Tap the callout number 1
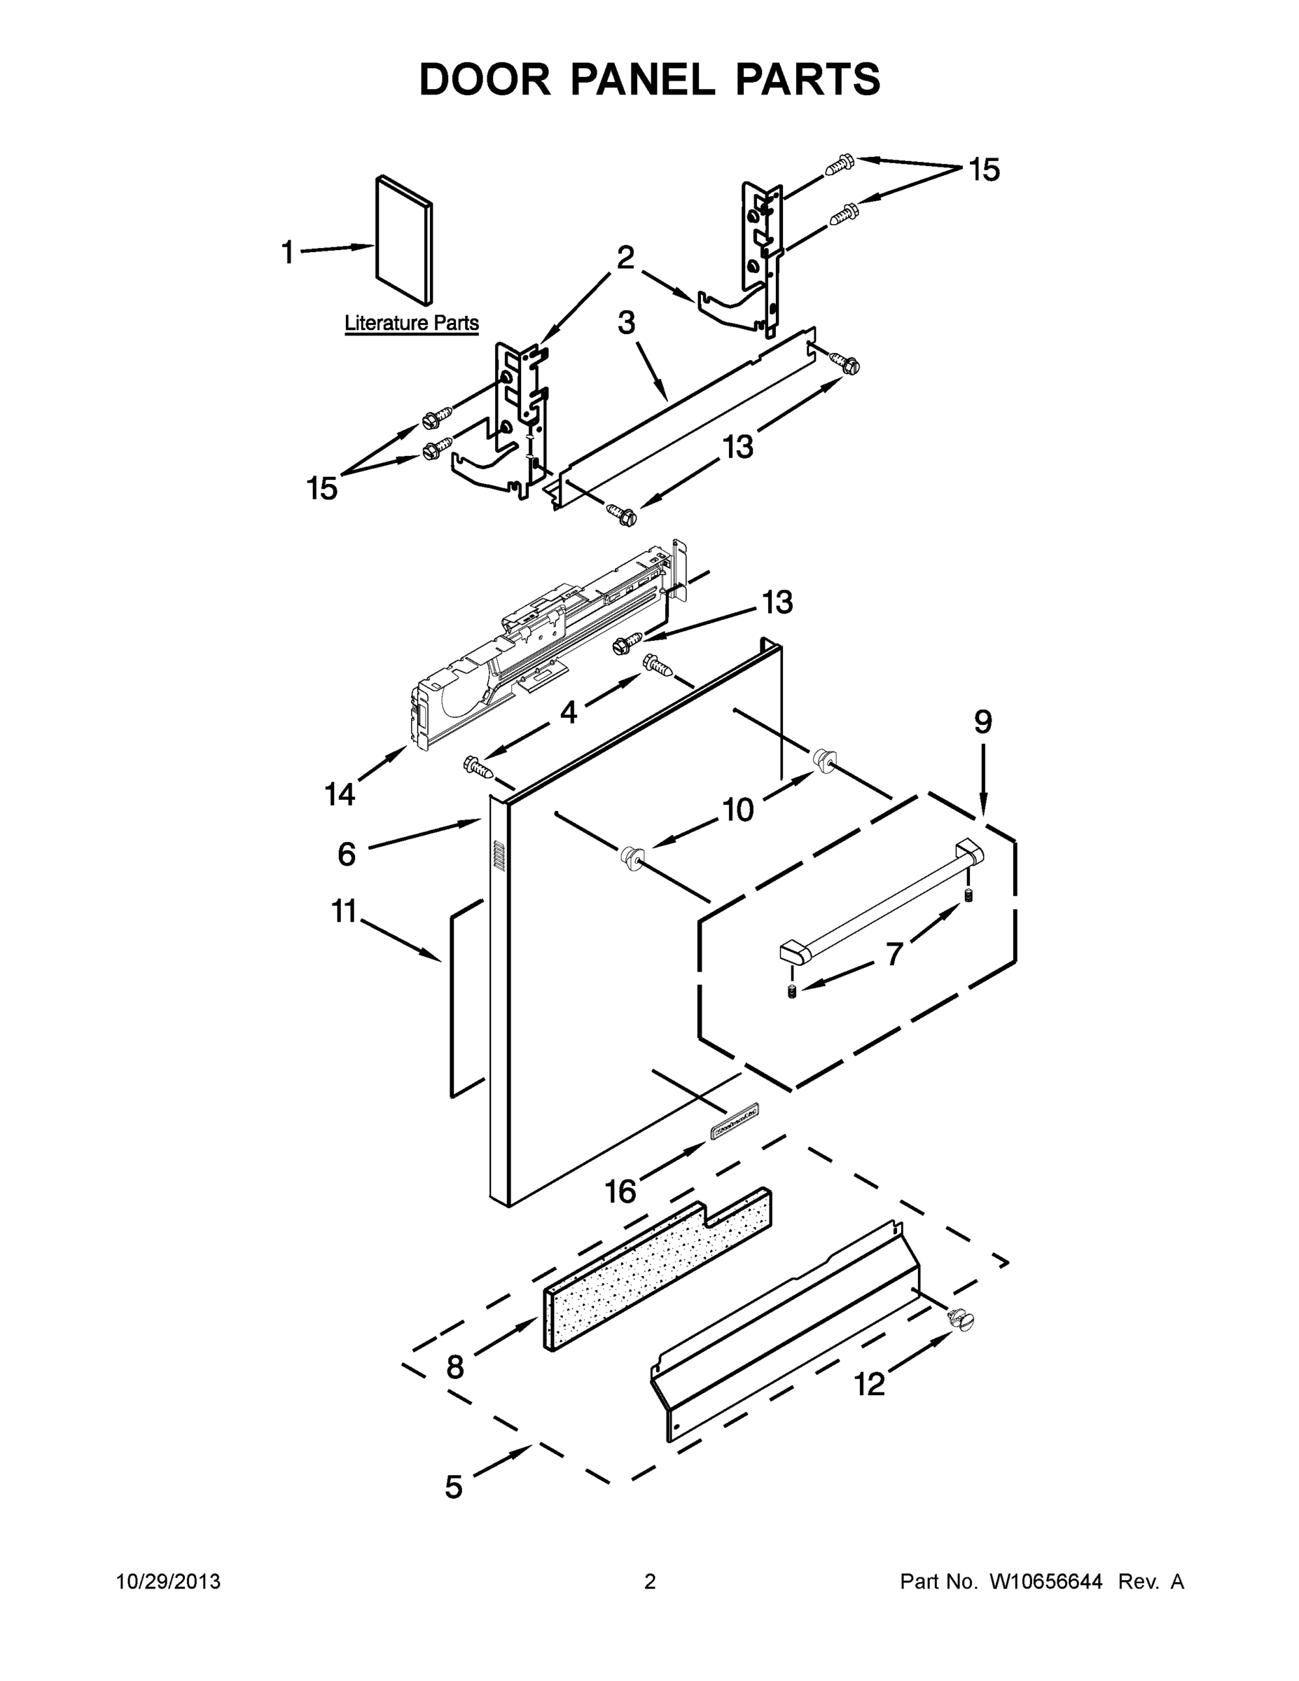click(288, 252)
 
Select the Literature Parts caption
click(411, 324)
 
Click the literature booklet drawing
click(404, 240)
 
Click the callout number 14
click(340, 794)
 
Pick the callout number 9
click(982, 722)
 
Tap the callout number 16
click(620, 1192)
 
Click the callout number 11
click(344, 911)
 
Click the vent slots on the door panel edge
click(498, 856)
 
